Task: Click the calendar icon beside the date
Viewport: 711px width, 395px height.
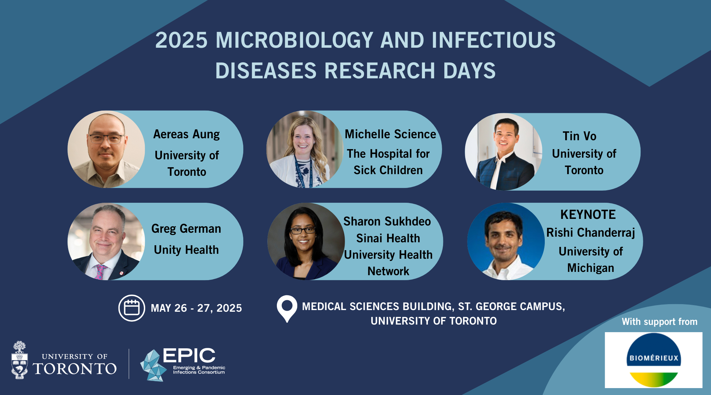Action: pos(132,308)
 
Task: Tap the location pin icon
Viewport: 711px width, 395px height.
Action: pos(287,308)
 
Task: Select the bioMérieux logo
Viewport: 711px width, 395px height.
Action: pos(653,360)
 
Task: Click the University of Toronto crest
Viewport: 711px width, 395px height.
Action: pos(19,360)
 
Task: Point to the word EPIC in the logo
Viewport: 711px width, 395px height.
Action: pos(189,355)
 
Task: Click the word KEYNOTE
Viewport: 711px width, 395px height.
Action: pos(588,215)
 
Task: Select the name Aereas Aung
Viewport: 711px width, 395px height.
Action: pos(186,134)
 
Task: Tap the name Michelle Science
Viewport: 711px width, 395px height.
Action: pos(390,134)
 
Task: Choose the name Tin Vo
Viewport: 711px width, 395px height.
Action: pos(579,136)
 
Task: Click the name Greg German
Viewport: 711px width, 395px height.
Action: pos(186,229)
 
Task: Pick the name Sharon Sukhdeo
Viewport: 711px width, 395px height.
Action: pos(387,221)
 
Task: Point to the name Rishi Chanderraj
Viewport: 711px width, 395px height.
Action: pos(591,232)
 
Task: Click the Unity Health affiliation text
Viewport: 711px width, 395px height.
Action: pos(186,250)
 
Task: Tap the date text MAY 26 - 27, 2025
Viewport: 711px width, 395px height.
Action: pos(196,308)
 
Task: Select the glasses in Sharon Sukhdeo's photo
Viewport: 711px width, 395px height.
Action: pos(303,230)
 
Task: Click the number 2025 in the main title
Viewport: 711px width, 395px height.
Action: pos(181,40)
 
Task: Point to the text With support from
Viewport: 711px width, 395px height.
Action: pos(660,322)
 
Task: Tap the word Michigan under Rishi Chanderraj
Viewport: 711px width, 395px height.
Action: pos(591,268)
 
